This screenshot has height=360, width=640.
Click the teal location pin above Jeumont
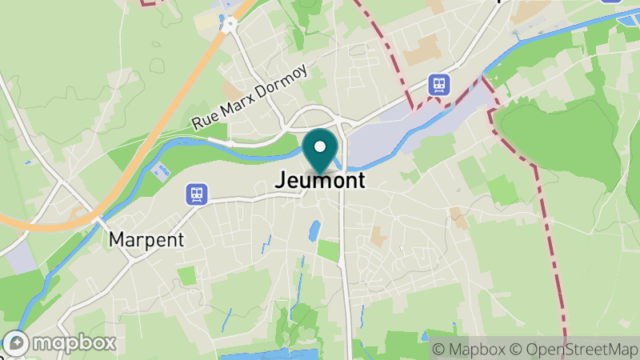coord(321,152)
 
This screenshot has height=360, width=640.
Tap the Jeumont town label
coord(320,181)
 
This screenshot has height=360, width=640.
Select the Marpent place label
coord(146,239)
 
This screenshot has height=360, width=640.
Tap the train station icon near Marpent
coord(196,194)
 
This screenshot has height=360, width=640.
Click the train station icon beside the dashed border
coord(438,84)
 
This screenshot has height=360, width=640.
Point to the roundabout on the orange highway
coord(230,24)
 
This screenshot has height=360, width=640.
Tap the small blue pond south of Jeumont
coord(314,231)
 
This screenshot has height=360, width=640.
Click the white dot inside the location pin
coord(321,146)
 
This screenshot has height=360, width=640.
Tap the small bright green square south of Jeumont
coord(328,250)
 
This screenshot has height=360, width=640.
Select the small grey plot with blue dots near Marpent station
coord(162,171)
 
